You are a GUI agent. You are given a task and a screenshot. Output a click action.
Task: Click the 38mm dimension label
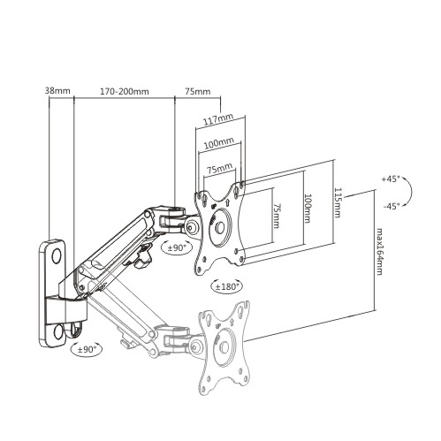57,90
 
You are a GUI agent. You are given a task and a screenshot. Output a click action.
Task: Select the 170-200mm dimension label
125,91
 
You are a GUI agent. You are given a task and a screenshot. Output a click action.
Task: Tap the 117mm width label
218,118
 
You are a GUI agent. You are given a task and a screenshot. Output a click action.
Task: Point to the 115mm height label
338,202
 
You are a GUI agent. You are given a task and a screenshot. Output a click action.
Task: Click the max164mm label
379,251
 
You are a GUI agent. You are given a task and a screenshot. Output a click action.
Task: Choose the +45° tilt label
391,179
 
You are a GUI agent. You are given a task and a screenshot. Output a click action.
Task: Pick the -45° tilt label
392,206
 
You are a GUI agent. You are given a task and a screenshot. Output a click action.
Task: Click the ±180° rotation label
227,286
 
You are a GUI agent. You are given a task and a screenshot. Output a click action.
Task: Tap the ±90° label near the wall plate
87,350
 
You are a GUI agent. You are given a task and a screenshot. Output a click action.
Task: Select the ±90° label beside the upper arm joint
177,247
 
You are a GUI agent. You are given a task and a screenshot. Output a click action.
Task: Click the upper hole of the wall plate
57,256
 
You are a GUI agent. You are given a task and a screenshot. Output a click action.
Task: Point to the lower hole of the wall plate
58,332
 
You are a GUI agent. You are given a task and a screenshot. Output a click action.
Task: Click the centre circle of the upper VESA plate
219,227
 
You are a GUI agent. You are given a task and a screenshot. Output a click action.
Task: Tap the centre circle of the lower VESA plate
224,347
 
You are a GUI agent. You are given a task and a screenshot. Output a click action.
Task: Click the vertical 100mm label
308,209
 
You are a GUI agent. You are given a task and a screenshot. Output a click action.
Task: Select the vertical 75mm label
276,216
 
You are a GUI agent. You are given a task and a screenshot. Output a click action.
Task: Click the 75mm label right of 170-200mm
198,91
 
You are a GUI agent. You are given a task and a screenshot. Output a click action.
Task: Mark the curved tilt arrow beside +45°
410,192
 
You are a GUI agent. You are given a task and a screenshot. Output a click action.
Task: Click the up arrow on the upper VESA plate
228,203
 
